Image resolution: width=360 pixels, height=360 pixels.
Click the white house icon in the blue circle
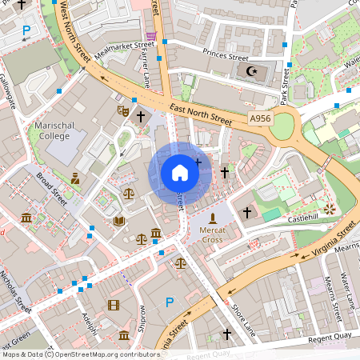point(180,173)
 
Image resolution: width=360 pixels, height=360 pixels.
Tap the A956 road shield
point(260,118)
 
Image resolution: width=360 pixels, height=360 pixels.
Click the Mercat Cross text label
point(212,234)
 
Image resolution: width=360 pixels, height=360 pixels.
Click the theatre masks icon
point(123,110)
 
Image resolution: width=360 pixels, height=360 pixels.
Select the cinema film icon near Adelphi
point(113,305)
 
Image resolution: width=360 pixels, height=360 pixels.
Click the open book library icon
point(118,221)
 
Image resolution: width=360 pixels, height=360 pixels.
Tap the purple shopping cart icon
point(150,34)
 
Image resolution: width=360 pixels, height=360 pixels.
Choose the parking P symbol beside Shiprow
point(169,302)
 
